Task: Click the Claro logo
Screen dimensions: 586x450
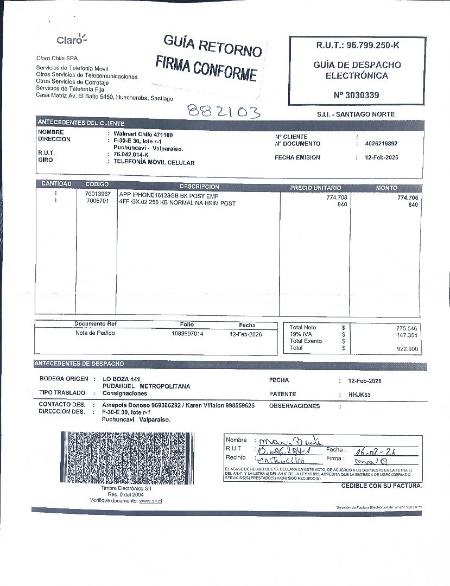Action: [72, 40]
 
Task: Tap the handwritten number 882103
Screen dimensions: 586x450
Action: [224, 111]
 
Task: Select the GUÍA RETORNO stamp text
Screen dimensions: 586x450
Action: [212, 46]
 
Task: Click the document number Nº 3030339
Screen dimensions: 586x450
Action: [357, 95]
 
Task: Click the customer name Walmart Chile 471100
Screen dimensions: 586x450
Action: [143, 134]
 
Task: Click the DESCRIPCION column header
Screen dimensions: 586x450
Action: [199, 187]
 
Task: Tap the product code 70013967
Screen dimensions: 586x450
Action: [98, 194]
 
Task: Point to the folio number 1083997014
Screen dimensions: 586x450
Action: [187, 334]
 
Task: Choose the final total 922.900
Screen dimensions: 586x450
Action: [407, 349]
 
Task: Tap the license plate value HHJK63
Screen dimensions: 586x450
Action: [359, 395]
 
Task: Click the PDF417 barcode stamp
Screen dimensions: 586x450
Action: [127, 457]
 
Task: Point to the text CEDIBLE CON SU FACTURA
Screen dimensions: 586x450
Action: [381, 486]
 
